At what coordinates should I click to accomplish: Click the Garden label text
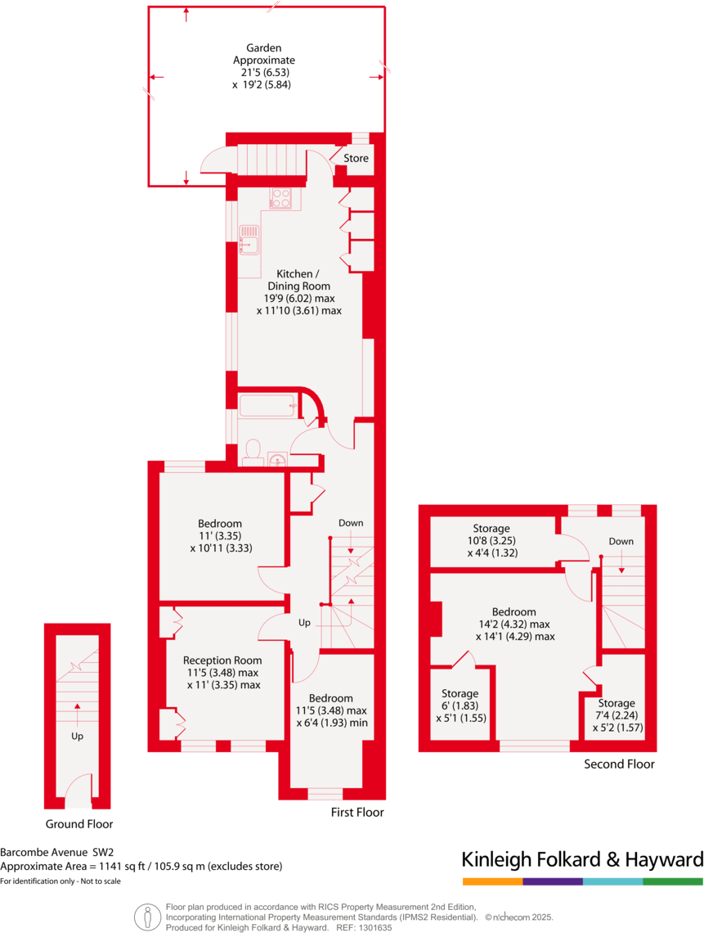click(x=263, y=48)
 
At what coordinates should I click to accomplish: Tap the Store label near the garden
click(x=356, y=158)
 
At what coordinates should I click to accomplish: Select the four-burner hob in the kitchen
click(x=281, y=198)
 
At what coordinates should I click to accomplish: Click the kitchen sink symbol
click(x=249, y=241)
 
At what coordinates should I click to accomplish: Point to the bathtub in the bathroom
click(x=267, y=404)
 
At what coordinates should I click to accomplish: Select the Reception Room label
click(x=222, y=660)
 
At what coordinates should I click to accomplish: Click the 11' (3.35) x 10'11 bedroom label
click(x=220, y=524)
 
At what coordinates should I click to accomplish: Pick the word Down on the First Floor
click(x=351, y=523)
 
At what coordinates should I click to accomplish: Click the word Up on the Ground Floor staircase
click(x=78, y=736)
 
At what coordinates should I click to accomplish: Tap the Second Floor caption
click(x=619, y=764)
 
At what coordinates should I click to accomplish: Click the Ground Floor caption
click(x=79, y=824)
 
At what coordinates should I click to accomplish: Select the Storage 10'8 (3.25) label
click(x=491, y=529)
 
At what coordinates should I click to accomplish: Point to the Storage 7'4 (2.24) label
click(x=616, y=703)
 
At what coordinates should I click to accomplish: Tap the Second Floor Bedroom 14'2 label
click(x=514, y=612)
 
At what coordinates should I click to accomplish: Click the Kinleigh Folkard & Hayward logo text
click(x=582, y=859)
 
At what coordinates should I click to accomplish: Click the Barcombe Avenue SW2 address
click(x=56, y=851)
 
